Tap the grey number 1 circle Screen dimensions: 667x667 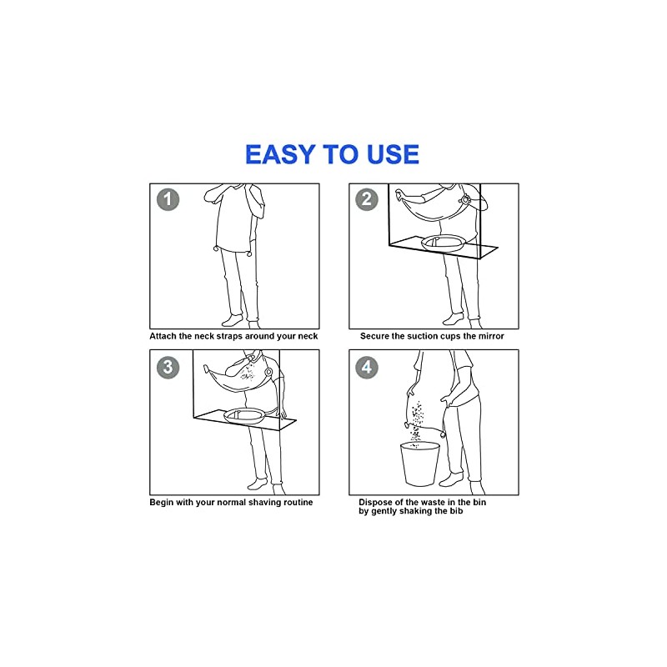tap(168, 199)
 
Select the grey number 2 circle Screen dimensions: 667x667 tap(367, 199)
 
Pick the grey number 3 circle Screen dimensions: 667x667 tap(168, 367)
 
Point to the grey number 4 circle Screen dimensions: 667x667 tap(367, 367)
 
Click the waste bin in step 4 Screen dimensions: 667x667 tap(420, 464)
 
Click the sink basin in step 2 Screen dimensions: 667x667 tap(443, 243)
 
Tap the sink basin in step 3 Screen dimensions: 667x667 tap(244, 415)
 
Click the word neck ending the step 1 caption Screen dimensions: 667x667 tap(308, 336)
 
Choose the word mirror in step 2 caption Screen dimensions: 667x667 tap(491, 336)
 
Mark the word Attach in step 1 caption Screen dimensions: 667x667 tap(163, 336)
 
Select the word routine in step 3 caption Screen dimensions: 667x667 tap(298, 503)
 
